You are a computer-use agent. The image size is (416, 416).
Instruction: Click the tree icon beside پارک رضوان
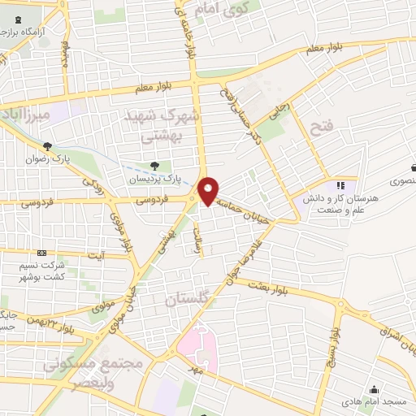click(50, 146)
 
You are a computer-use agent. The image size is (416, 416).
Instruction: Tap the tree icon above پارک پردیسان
click(144, 167)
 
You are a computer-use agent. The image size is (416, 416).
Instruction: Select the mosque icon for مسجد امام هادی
click(374, 389)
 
